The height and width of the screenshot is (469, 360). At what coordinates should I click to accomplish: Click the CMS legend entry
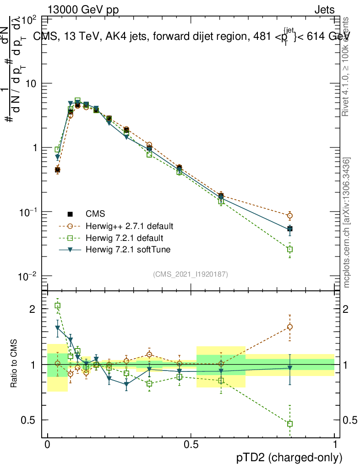coord(95,214)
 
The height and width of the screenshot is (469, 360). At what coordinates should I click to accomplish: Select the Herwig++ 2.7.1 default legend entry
coord(130,226)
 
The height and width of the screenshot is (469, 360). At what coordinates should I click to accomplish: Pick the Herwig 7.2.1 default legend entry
coord(125,238)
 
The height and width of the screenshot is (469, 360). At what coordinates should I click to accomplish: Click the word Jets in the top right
coord(324,10)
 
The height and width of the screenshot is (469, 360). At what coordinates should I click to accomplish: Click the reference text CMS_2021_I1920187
coord(191,274)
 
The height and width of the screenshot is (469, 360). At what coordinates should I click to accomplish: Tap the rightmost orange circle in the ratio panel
coord(290,327)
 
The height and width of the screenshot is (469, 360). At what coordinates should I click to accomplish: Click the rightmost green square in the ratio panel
coord(290,424)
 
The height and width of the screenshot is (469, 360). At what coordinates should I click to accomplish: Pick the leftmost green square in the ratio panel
coord(57,305)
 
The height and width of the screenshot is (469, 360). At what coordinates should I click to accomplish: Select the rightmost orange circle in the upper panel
coord(290,216)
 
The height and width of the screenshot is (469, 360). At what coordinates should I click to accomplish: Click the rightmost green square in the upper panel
coord(290,250)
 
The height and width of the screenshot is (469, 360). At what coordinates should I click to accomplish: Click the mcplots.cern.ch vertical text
coord(347,223)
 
